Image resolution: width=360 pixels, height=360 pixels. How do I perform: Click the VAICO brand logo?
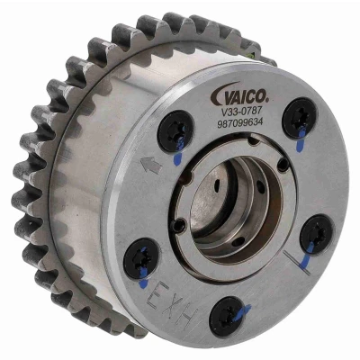[239, 94]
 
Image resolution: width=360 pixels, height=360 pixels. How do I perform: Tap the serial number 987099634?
[240, 122]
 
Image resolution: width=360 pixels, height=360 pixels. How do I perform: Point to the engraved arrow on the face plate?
[151, 166]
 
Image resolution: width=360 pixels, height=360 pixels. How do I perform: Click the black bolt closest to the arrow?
[175, 131]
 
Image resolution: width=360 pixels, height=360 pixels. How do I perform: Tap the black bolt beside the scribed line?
[317, 234]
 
